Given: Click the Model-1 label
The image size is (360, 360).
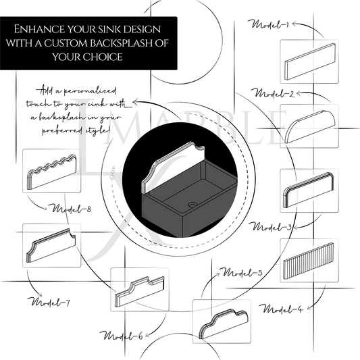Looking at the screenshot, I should click(270, 25).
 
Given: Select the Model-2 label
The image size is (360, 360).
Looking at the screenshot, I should click(271, 92).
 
